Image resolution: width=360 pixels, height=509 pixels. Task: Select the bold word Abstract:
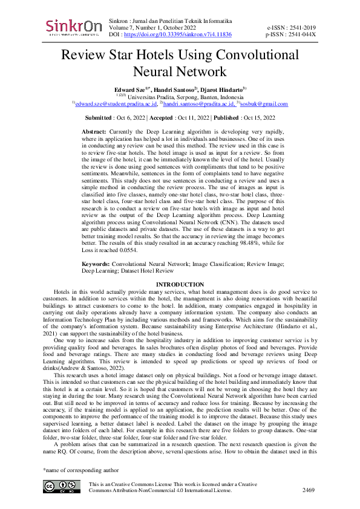tap(94, 131)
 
